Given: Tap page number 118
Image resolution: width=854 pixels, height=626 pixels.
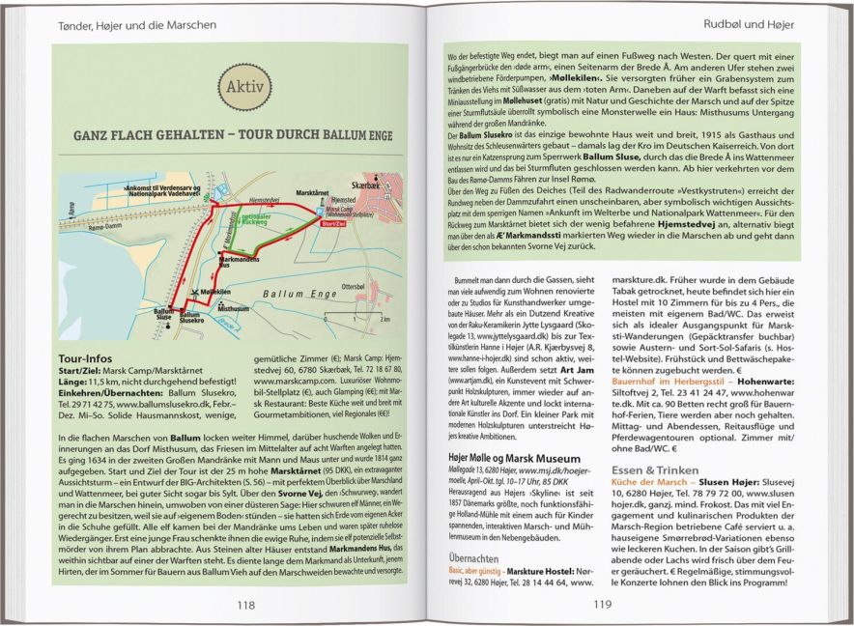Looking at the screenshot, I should pos(245,606).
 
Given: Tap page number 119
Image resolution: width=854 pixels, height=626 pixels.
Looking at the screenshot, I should pos(602,606).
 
